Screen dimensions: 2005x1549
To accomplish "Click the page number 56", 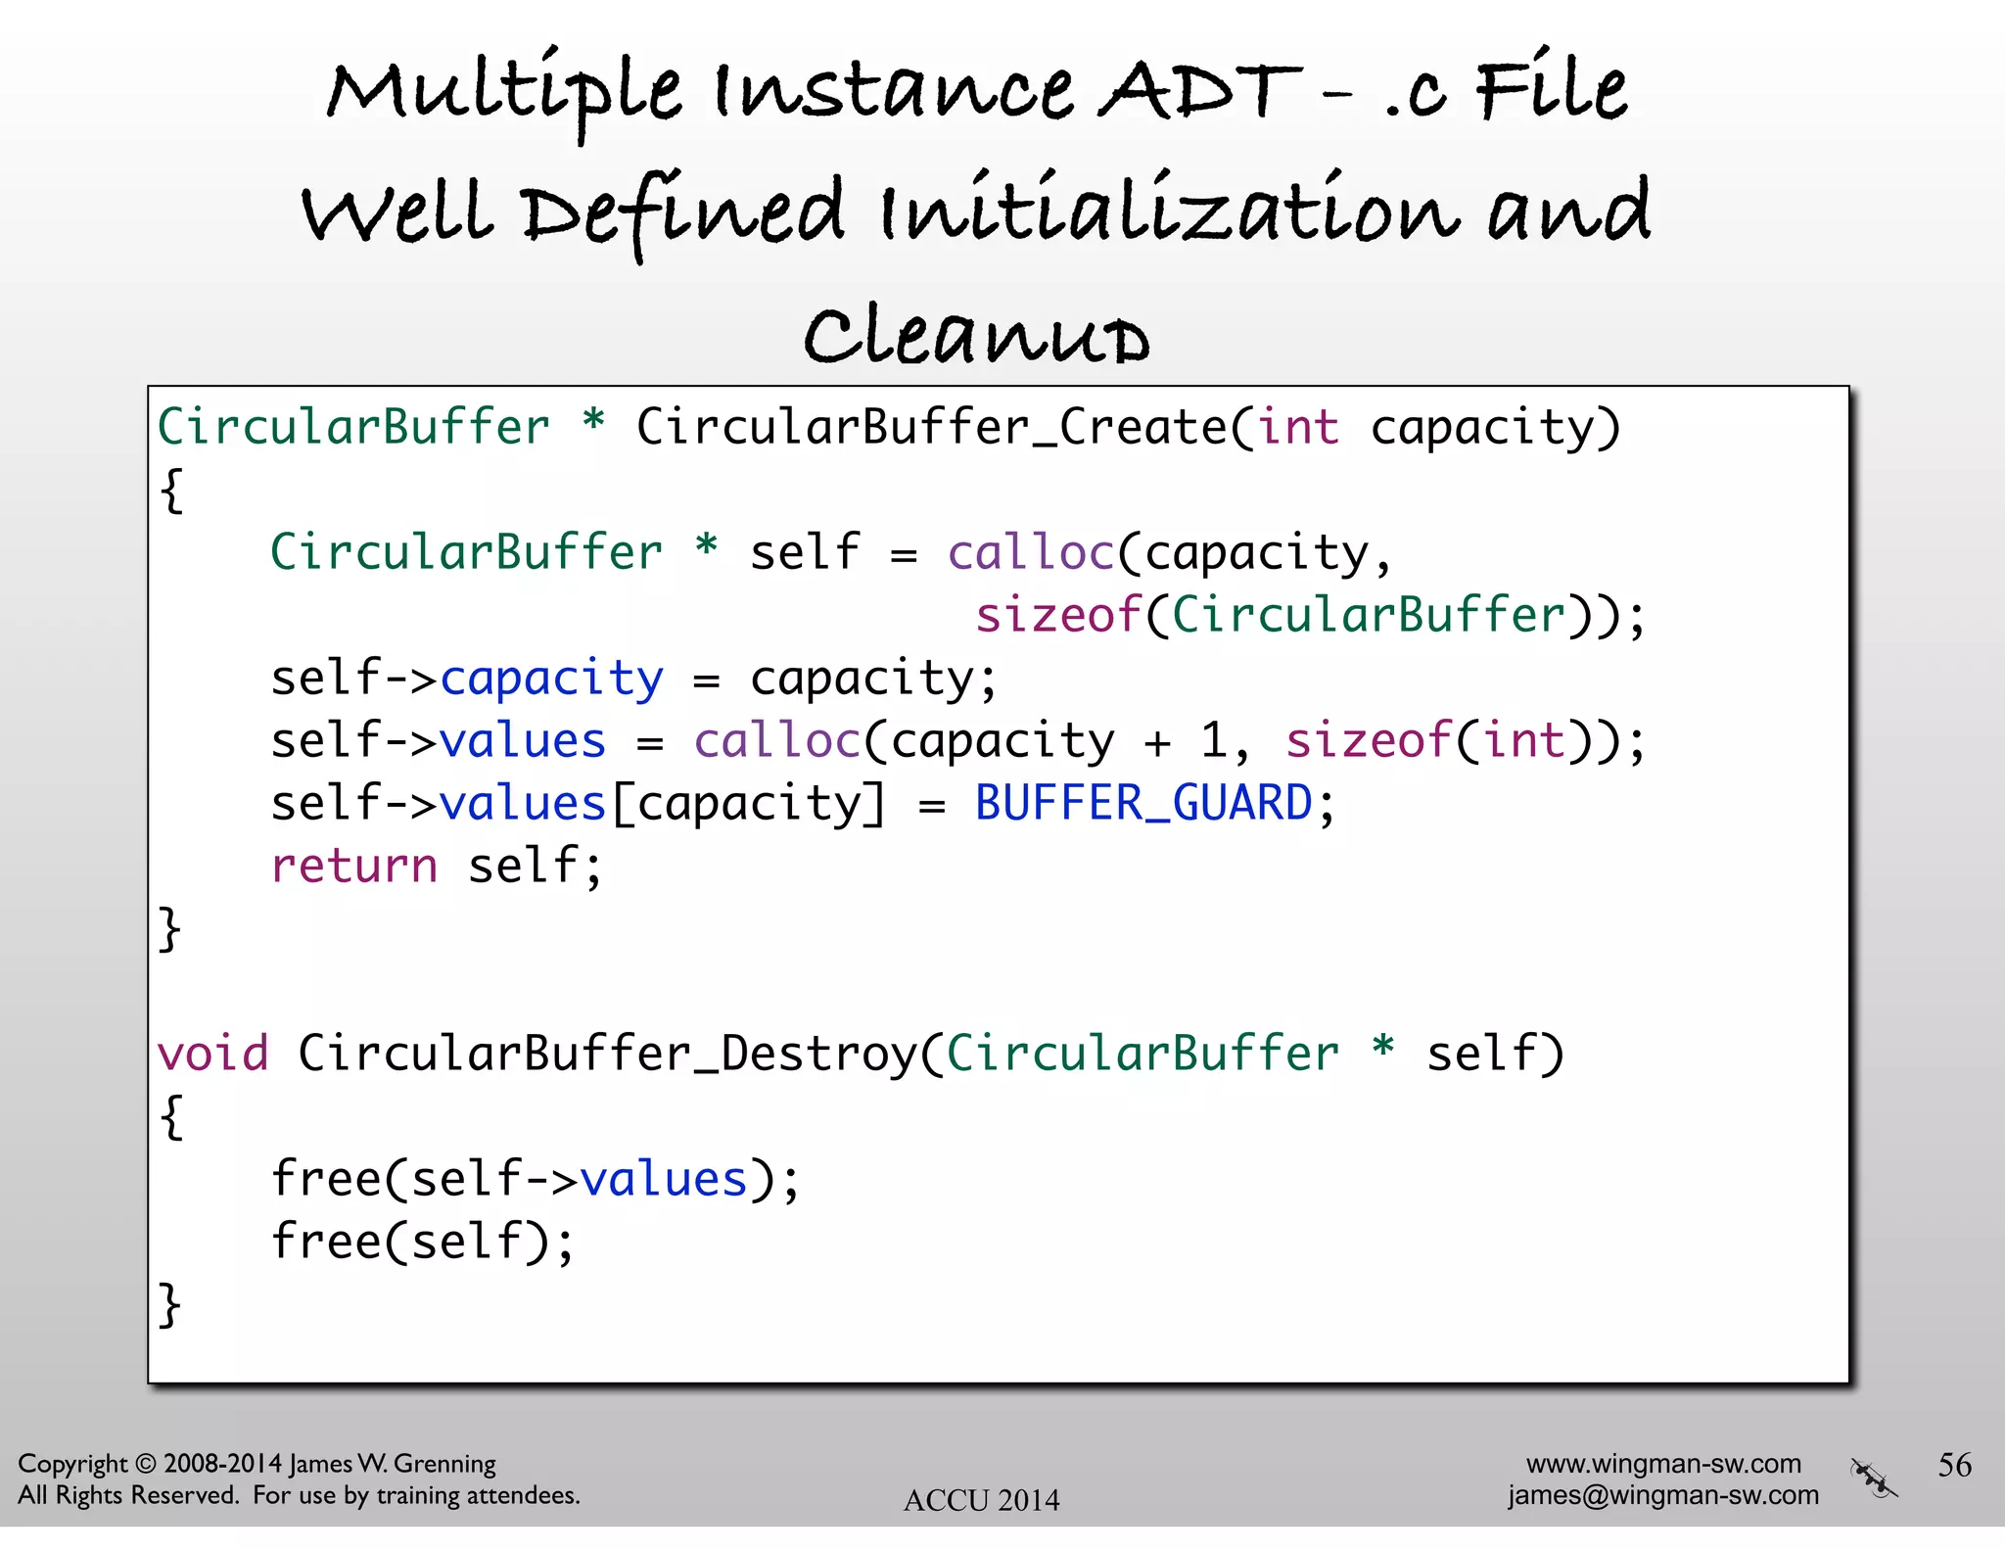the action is [1954, 1465].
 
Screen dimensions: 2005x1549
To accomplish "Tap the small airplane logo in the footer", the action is [1873, 1479].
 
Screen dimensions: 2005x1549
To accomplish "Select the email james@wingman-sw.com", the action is [1662, 1495].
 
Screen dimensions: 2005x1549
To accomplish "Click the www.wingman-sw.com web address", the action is [1663, 1463].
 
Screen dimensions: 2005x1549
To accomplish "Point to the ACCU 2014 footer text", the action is [981, 1500].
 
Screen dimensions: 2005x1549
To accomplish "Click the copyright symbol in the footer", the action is [145, 1464].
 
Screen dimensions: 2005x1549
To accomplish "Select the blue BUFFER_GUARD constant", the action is [1143, 804].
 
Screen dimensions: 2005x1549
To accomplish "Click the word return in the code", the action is [354, 866].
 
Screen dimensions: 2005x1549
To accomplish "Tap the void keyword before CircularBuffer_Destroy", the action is [212, 1054].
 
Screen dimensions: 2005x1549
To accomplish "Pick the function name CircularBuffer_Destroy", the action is [607, 1054].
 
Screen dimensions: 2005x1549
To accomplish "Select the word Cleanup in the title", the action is [977, 335].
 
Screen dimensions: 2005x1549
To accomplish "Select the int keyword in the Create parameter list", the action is [1298, 428].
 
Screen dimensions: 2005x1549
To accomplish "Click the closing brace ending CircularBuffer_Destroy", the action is [170, 1304].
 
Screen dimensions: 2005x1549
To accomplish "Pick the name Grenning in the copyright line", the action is [445, 1464].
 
